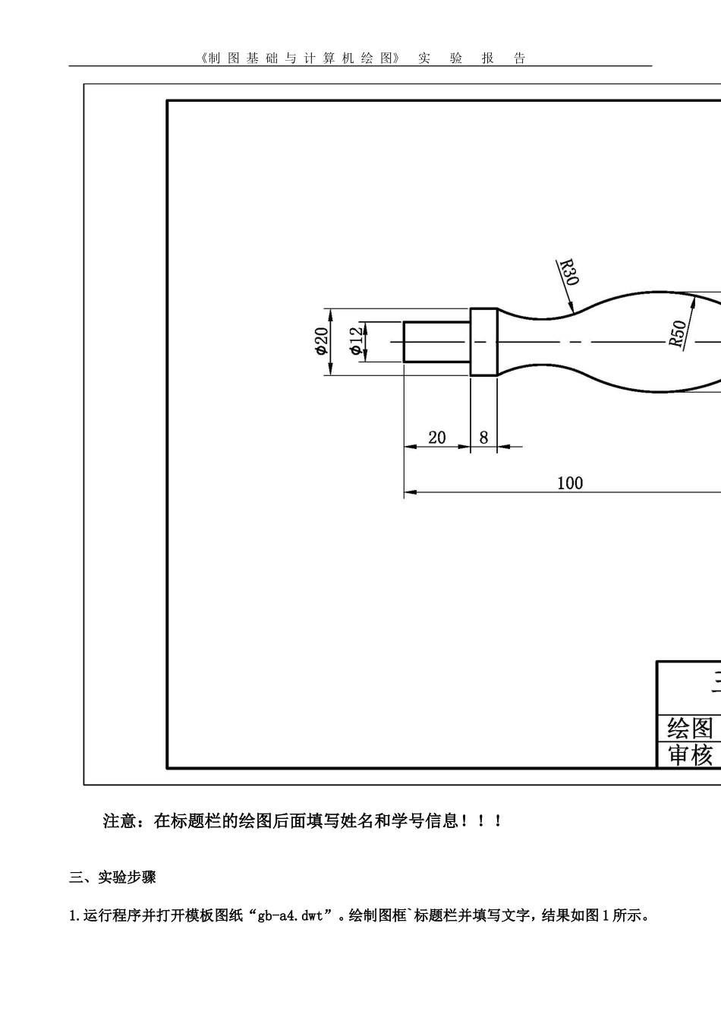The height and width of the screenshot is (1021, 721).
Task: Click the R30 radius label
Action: (568, 272)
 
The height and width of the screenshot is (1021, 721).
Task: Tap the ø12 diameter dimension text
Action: (357, 341)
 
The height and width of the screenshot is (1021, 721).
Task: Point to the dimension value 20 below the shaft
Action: (437, 438)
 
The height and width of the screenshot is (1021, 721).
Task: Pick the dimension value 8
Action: (484, 438)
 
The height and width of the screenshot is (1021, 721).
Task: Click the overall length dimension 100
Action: (570, 483)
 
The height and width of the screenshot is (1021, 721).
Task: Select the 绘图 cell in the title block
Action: (690, 728)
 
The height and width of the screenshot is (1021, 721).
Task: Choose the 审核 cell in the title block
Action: (690, 755)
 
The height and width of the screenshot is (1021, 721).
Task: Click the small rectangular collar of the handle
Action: (484, 342)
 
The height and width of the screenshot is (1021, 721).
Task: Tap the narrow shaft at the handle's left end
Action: (436, 342)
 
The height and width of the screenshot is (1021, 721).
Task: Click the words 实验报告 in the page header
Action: (471, 58)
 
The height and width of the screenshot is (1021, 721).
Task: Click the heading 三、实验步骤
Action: (113, 877)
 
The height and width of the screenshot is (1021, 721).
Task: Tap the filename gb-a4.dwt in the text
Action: (290, 915)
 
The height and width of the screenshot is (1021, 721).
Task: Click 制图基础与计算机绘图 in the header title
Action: (299, 58)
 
